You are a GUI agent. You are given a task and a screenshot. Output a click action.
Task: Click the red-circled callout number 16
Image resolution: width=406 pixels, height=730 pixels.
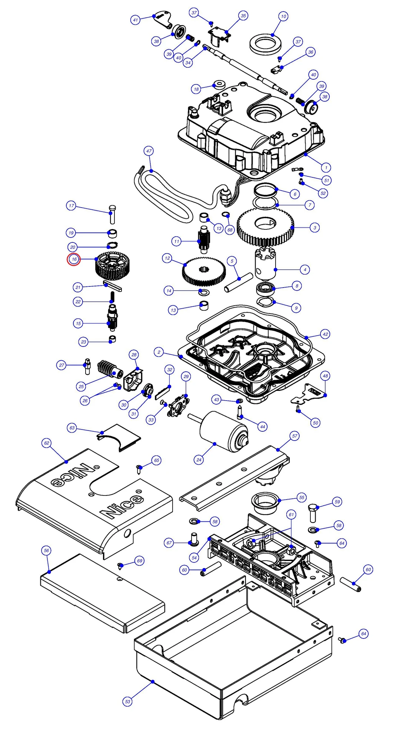coord(74,259)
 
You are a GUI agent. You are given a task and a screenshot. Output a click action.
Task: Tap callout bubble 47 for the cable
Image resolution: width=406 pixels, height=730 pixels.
coord(149,151)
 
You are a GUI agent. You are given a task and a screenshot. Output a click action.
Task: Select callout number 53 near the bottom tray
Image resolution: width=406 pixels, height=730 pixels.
coord(127,701)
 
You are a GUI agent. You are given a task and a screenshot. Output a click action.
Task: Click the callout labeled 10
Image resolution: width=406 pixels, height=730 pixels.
coord(283,16)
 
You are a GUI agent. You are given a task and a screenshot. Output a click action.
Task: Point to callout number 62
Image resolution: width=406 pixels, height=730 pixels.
coord(47,443)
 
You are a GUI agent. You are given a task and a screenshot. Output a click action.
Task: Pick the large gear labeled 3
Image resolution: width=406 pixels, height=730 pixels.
coord(265,227)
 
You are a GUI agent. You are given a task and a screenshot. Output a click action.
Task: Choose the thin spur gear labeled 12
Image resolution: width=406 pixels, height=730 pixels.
coord(203,272)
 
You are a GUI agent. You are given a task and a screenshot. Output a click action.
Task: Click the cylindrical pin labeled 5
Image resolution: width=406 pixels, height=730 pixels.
coord(239,283)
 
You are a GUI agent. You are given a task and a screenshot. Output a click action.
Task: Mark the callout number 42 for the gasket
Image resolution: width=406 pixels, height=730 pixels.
coord(325,334)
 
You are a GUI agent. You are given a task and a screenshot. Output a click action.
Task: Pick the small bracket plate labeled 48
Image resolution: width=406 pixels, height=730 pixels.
coord(310,394)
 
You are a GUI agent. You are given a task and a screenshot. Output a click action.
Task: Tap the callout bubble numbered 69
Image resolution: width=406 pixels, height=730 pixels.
coord(140,561)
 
